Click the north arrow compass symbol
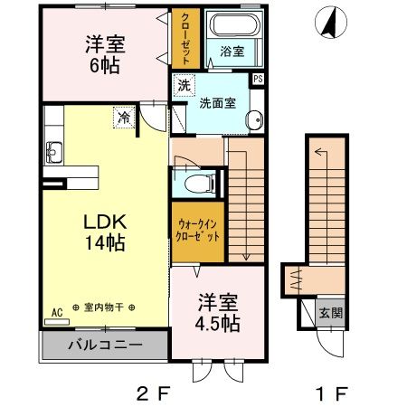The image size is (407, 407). pos(331,23)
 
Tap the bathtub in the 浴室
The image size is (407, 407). pos(235,24)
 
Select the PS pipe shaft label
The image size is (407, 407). pos(258,79)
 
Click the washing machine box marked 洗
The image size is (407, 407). pos(184,85)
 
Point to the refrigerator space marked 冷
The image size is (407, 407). pos(124,118)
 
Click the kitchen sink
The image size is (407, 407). pos(54,152)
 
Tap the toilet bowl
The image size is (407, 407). pos(200,184)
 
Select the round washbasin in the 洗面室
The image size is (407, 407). pos(255,120)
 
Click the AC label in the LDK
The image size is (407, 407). pos(57,313)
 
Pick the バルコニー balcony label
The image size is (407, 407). pos(105,345)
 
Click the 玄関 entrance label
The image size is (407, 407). pos(331,313)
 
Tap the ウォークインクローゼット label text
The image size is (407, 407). pos(197,231)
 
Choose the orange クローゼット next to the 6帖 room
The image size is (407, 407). pos(185,38)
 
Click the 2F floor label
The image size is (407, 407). pos(154,393)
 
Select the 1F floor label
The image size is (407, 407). pos(331,393)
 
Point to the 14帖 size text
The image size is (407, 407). pos(105,242)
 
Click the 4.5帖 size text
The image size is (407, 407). pos(217,324)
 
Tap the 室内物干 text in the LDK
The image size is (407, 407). pos(104,308)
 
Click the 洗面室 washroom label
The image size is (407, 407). pos(217,103)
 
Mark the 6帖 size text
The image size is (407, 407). pos(105,65)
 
